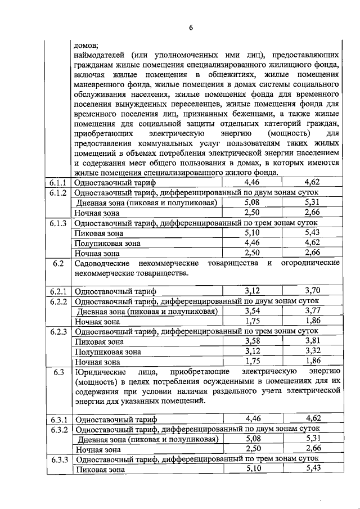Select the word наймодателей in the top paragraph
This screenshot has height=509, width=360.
(x=99, y=55)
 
